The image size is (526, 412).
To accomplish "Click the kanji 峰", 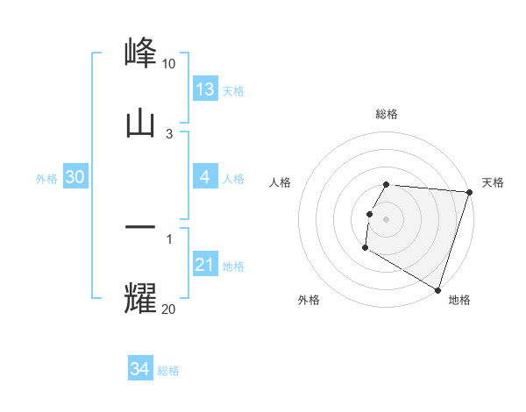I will pos(141,53).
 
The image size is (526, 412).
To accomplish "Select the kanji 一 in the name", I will pos(141,227).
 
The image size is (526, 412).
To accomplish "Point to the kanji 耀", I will pos(141,297).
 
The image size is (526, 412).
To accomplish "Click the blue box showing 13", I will pos(205,89).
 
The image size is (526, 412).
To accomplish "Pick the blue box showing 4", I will pos(205,178).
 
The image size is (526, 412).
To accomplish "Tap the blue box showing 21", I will pos(205,265).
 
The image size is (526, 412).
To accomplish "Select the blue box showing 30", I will pos(75,177).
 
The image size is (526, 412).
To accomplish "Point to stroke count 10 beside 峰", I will pos(168,64).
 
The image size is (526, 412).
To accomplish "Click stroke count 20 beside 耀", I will pos(168,308).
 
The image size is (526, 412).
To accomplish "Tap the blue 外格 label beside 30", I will pos(46,178).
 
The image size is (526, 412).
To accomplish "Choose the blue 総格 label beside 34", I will pos(168,370).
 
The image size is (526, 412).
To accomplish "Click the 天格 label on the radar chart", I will pos(493,182).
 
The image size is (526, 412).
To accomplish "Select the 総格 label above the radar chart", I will pos(386,114).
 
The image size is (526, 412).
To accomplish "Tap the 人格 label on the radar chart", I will pos(280,182).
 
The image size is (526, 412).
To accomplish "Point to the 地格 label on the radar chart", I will pos(459,300).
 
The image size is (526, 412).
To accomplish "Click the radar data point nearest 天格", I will pos(469,192).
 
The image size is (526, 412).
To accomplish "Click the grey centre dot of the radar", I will pos(387,218).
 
